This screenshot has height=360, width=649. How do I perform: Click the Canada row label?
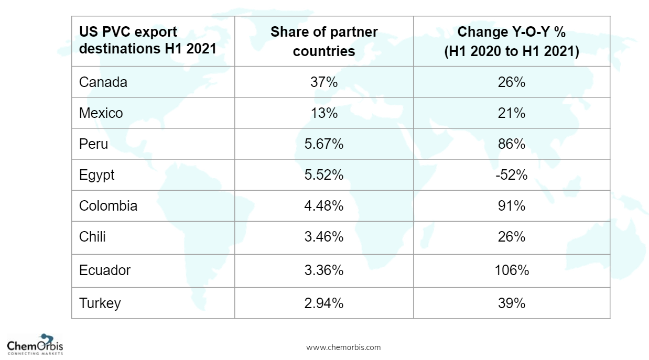coord(103,82)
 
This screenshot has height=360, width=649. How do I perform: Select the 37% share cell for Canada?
coord(323,82)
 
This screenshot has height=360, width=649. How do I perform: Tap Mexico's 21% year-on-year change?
coord(512,113)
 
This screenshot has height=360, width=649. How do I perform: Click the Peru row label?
coord(93,144)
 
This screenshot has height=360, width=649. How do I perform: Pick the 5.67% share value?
coord(323,144)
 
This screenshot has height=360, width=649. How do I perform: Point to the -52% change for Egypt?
coord(512,175)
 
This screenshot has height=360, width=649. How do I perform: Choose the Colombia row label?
coord(108,206)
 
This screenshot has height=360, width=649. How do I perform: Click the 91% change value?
coord(512,206)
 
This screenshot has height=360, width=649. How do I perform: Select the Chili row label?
coord(92,237)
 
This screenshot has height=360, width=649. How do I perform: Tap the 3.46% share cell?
coord(323,237)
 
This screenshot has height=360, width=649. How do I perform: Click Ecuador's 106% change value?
coord(512,270)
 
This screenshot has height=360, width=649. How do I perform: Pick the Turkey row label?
coord(100,303)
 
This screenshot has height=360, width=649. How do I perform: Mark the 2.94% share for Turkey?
coord(323,303)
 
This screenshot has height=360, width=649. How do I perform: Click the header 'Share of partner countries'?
coord(323,41)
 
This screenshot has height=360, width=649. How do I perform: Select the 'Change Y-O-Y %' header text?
coord(512,32)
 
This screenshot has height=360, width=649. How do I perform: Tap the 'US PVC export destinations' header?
coord(147,41)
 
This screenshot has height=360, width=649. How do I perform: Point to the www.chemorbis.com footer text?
coord(343,347)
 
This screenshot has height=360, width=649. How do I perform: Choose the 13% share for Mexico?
coord(323,113)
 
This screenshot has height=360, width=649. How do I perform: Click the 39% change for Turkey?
coord(512,303)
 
